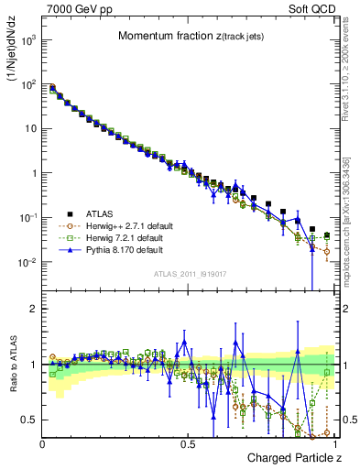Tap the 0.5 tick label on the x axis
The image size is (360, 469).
click(x=187, y=443)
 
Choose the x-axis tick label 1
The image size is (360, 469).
click(x=334, y=443)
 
